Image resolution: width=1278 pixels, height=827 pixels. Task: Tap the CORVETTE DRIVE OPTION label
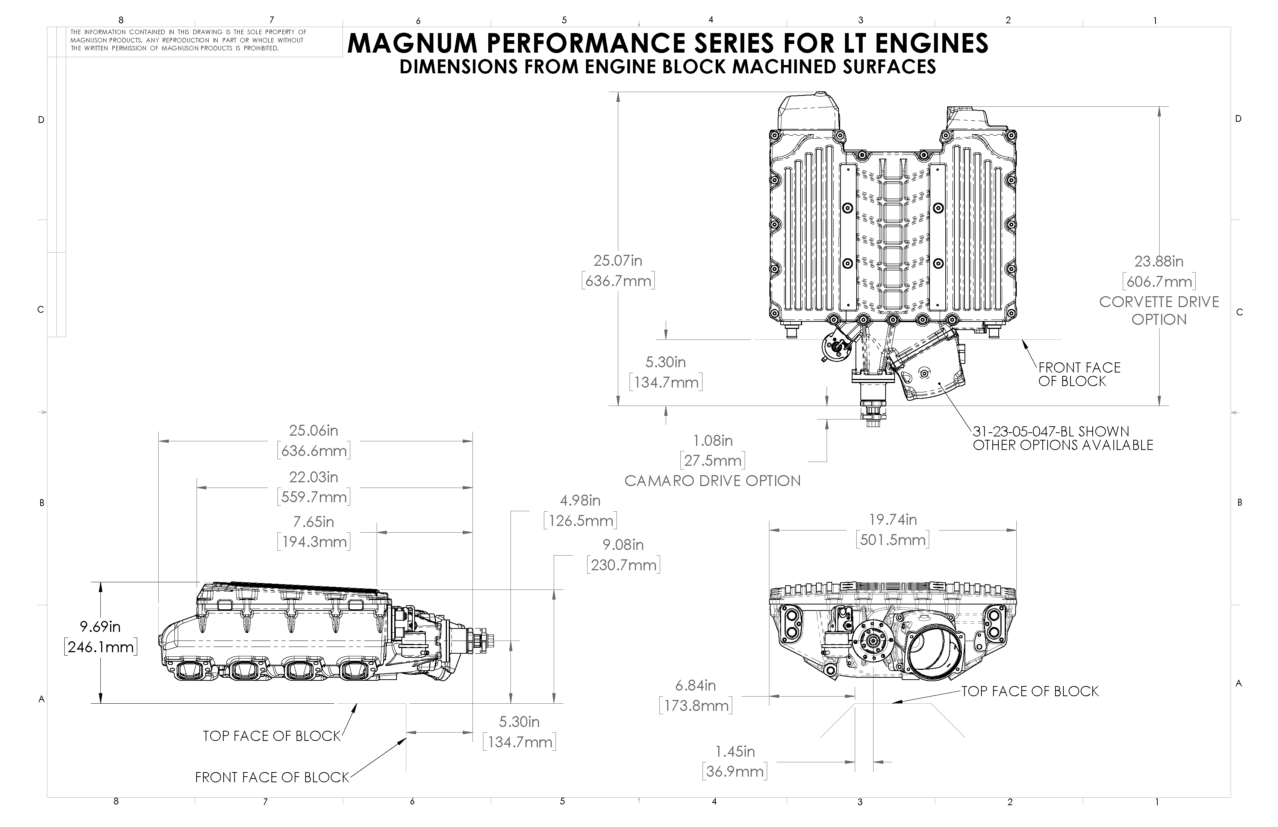[x=1159, y=311]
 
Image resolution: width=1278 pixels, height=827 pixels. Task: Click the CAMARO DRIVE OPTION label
[x=712, y=481]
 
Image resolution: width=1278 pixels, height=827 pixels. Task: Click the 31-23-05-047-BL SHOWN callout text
[x=1051, y=431]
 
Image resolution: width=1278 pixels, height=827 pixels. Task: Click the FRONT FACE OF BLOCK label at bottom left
[x=272, y=777]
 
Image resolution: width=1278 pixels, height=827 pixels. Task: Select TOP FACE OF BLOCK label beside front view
[x=1030, y=691]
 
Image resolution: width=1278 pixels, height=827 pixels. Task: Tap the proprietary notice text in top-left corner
[x=188, y=40]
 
